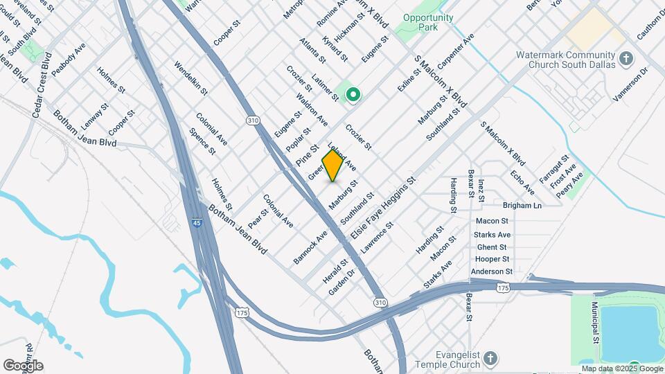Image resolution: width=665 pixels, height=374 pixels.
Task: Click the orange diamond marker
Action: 333,166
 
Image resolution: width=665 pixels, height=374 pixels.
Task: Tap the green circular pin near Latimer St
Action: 353,94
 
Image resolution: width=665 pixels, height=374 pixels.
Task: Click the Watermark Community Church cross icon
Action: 626,57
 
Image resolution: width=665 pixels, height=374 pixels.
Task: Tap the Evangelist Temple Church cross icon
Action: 490,357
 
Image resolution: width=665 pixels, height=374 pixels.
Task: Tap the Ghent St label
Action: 492,247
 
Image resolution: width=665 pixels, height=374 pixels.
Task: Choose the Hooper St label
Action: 492,260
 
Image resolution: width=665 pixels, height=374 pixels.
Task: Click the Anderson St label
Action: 491,272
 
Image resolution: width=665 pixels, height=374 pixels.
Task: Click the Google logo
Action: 23,366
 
